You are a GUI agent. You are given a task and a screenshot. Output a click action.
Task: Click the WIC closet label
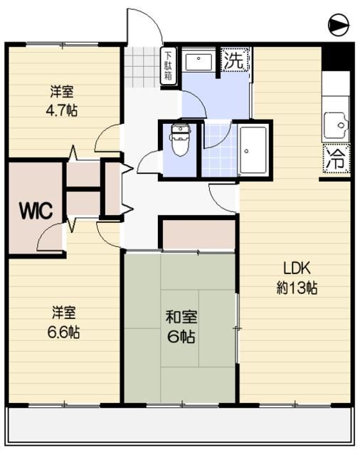pos(36,210)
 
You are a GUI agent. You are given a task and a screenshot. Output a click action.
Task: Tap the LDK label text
pos(297,268)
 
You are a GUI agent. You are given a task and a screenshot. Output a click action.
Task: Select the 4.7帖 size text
pos(62,110)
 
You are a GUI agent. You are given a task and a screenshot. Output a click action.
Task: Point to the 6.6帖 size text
pos(63,333)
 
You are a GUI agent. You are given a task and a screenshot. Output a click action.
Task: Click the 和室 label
pos(181,317)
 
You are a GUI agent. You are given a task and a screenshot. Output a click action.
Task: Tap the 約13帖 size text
pos(297,288)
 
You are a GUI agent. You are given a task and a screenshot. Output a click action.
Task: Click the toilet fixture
pos(180,140)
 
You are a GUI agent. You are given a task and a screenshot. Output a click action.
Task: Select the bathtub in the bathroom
pos(253,151)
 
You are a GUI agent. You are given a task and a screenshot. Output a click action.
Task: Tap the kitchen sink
pos(337,125)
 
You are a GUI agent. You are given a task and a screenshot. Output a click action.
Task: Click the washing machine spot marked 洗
pos(235,60)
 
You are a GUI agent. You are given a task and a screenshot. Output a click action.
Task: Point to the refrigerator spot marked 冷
pos(336,159)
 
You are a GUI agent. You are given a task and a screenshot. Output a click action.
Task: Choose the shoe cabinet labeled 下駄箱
pos(169,66)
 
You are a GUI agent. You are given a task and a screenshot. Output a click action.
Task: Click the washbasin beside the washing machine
pos(198,62)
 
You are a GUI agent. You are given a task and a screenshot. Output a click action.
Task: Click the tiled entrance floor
pos(142,67)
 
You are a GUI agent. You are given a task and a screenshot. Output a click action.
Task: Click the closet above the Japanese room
pos(198,234)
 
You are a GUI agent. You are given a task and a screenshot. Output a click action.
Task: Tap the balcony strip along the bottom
pos(180,426)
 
